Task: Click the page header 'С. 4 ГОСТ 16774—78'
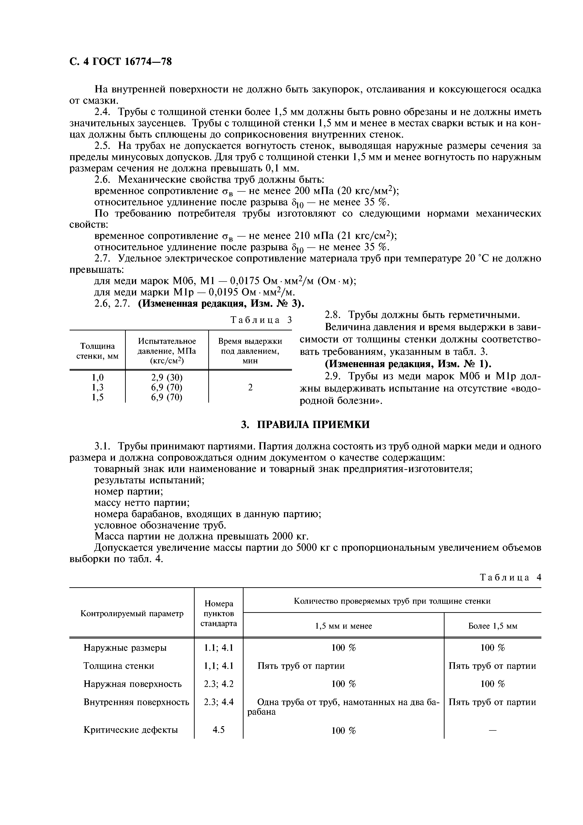(x=120, y=62)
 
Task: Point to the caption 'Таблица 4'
(x=510, y=577)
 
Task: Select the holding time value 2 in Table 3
(x=250, y=387)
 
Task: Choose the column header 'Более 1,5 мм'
(x=492, y=626)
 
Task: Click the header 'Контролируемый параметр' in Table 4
(x=132, y=613)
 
